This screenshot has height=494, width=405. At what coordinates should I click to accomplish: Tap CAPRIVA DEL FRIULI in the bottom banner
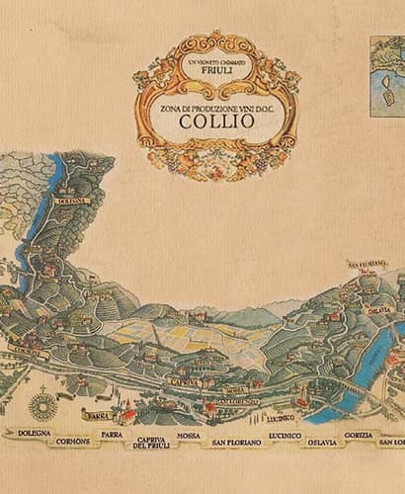153,442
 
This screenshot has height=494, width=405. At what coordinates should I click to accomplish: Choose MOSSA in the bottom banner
188,435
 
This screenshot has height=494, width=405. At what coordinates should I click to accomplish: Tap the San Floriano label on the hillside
364,265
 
